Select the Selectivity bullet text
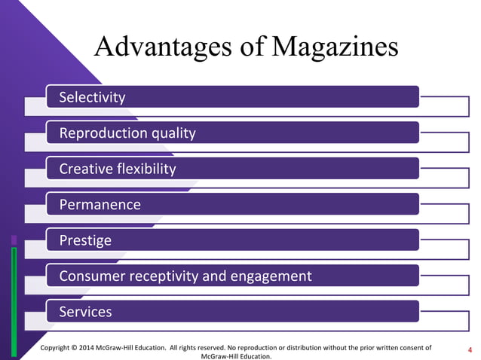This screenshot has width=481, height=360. click(x=93, y=97)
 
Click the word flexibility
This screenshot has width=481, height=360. click(x=146, y=169)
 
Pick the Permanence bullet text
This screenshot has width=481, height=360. click(x=100, y=204)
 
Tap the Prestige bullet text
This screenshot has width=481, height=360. click(x=85, y=240)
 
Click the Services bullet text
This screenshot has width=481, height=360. click(x=86, y=312)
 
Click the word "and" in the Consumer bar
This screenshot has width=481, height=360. click(x=215, y=276)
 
